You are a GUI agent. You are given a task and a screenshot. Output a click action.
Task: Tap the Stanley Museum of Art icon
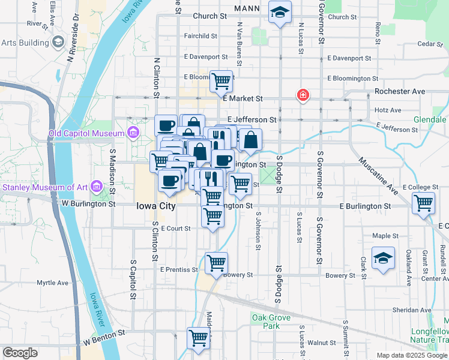point(95,187)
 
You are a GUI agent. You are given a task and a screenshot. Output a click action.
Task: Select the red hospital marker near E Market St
point(303,95)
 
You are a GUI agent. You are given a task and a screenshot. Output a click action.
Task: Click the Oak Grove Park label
point(271,322)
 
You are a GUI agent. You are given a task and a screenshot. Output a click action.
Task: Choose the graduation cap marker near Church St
point(280,13)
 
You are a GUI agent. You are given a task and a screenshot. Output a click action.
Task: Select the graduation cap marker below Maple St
point(383,259)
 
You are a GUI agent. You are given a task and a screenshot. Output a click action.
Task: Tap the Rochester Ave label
point(400,91)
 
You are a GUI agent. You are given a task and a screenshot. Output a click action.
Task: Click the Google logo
point(20,353)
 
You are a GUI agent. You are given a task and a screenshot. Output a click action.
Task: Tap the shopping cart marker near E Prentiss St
point(216,262)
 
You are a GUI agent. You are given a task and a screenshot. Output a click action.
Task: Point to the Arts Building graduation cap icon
point(58,43)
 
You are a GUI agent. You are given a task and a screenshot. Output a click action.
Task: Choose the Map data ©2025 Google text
point(412,355)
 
